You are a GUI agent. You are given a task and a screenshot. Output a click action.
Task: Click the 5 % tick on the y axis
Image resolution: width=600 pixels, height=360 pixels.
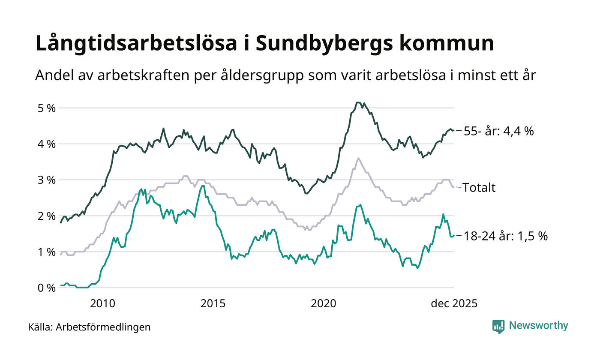point(45,108)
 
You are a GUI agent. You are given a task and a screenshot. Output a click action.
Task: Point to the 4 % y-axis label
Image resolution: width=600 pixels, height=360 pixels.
point(45,144)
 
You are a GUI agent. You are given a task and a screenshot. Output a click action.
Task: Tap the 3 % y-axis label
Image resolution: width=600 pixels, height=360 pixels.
point(45,180)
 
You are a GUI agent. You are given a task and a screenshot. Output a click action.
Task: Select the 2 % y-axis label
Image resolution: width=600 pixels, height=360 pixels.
point(45,216)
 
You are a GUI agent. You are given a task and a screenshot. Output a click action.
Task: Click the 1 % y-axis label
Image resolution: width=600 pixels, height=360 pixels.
point(45,252)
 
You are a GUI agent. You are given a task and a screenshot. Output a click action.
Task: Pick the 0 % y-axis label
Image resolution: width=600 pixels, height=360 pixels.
point(45,288)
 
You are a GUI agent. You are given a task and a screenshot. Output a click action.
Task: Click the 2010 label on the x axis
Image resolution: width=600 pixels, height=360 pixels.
point(103,303)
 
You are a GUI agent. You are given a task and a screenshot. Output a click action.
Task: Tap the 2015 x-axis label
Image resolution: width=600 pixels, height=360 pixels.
point(213,303)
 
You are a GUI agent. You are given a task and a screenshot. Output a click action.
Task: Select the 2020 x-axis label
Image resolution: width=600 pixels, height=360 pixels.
point(323,303)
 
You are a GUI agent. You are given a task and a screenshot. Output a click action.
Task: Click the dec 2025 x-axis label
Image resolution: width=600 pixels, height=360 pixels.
point(454,303)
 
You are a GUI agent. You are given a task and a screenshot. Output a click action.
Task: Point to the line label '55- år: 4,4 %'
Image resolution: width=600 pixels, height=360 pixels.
point(499,131)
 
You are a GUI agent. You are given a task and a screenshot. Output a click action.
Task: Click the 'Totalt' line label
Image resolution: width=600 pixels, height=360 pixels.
point(480,187)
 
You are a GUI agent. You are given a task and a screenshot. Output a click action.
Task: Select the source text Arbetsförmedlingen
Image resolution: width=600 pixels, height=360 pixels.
point(103,327)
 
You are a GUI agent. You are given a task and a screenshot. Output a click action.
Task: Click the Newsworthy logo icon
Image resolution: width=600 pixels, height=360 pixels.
point(498,326)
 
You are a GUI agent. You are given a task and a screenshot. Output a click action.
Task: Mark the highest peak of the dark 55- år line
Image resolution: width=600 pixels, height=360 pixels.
point(358,102)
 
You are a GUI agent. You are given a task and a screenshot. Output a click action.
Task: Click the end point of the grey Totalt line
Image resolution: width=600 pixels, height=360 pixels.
point(453,187)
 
